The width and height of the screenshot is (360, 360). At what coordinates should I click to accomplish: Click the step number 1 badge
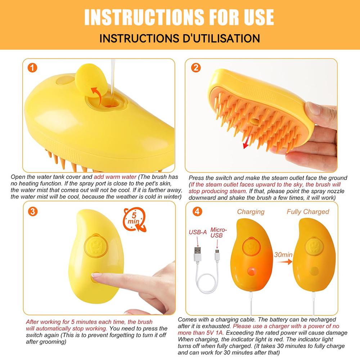click(x=33, y=68)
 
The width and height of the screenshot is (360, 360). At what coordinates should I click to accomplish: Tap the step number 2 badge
click(x=196, y=68)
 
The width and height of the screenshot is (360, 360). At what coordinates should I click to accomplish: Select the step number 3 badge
click(x=33, y=211)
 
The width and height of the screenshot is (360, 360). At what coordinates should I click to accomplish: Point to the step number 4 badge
click(x=196, y=211)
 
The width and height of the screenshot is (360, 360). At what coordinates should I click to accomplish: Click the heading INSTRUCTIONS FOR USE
click(x=179, y=17)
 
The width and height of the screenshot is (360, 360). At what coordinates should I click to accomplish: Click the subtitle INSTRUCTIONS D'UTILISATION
click(x=179, y=38)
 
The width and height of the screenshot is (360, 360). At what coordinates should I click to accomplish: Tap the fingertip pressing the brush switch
click(x=96, y=278)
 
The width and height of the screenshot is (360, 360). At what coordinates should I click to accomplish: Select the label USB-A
click(x=198, y=232)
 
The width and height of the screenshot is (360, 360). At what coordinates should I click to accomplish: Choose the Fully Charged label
click(x=308, y=212)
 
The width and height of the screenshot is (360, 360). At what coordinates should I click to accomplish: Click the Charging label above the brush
click(x=251, y=212)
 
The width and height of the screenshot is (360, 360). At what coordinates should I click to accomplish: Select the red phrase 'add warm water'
click(x=115, y=177)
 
